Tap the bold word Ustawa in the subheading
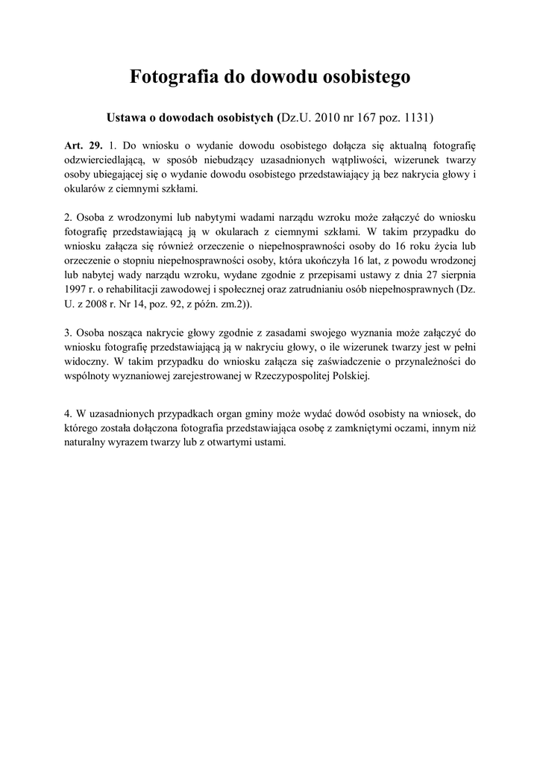point(128,117)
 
